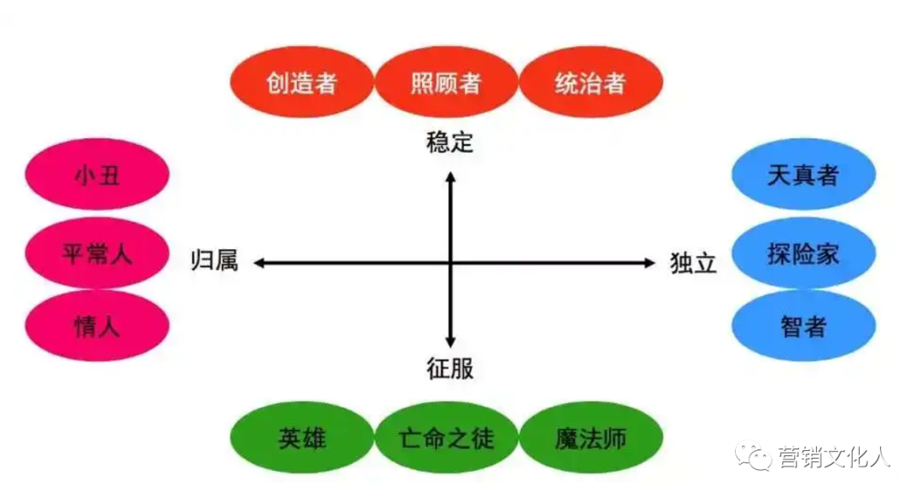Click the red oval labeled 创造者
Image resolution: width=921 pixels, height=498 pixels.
302,83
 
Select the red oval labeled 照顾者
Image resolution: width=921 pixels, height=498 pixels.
446,83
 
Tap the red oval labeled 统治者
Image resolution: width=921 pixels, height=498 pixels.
590,83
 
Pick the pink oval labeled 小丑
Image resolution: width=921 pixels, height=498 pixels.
97,177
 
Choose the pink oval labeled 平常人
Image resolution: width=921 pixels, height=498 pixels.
97,253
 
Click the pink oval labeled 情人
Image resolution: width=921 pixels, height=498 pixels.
97,326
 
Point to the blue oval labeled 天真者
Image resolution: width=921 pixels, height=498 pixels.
803,177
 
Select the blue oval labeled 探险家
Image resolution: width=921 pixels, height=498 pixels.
803,253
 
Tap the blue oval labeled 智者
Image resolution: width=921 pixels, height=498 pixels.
803,326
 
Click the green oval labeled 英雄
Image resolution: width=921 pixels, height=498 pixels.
302,439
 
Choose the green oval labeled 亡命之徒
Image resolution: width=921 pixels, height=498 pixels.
446,439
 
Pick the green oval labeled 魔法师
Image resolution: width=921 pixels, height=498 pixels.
590,439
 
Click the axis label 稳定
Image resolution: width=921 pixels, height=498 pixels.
449,142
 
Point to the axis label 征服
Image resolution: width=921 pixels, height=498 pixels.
449,368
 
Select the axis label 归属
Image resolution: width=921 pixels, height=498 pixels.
213,262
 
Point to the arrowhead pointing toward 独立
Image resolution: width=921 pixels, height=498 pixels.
648,263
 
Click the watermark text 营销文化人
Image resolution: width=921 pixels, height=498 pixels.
833,458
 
